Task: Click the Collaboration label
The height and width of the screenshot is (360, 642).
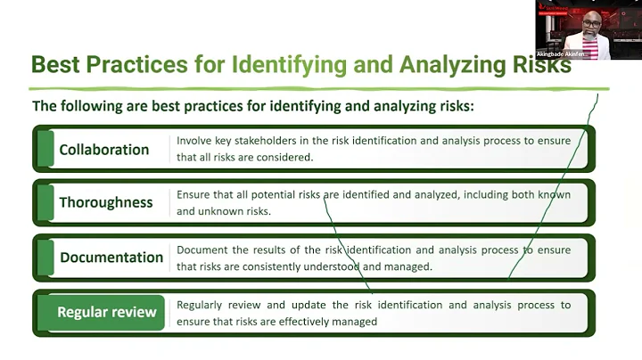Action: click(x=103, y=150)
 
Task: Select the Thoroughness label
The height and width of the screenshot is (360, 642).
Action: click(x=106, y=202)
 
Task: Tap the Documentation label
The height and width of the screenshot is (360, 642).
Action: click(x=111, y=258)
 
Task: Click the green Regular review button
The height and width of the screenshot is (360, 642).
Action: click(x=107, y=312)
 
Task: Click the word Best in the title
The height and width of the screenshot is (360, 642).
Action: click(x=55, y=65)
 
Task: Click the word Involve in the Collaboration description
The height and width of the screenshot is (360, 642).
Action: click(x=193, y=141)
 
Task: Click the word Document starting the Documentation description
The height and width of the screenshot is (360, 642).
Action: click(x=202, y=250)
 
